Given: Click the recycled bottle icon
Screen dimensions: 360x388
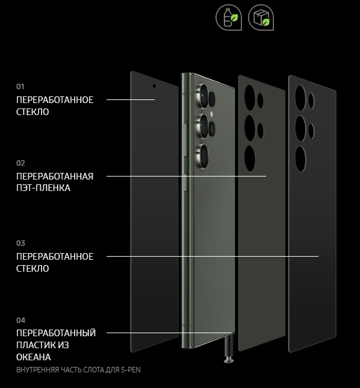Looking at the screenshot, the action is click(229, 17).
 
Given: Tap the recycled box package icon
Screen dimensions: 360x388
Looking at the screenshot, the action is click(261, 17).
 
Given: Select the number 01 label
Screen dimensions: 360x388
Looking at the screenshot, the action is click(20, 87).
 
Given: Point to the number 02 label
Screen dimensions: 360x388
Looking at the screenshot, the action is click(20, 163).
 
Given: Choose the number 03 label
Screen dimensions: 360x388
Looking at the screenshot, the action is click(20, 243).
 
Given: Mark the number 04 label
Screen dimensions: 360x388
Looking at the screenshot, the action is click(20, 321).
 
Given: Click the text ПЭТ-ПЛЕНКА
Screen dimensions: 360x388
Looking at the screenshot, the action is click(43, 188).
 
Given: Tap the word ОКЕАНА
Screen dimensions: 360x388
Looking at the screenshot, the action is click(34, 357).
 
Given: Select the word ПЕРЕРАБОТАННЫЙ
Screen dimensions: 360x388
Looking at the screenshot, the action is click(56, 333).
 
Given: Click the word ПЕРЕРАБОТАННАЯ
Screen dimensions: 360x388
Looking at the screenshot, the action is click(55, 177).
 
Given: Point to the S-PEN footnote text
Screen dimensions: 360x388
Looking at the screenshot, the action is click(78, 370).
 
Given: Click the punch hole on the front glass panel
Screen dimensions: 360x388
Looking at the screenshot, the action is click(155, 86).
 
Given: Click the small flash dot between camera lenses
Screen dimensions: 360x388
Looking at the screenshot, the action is click(211, 114).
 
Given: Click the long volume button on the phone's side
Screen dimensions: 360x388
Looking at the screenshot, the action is click(185, 140).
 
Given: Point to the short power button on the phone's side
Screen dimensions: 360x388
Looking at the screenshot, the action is click(185, 183).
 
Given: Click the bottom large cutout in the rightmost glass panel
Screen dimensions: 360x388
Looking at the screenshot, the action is click(300, 159).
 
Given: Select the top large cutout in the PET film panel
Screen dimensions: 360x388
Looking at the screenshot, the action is click(250, 98).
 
